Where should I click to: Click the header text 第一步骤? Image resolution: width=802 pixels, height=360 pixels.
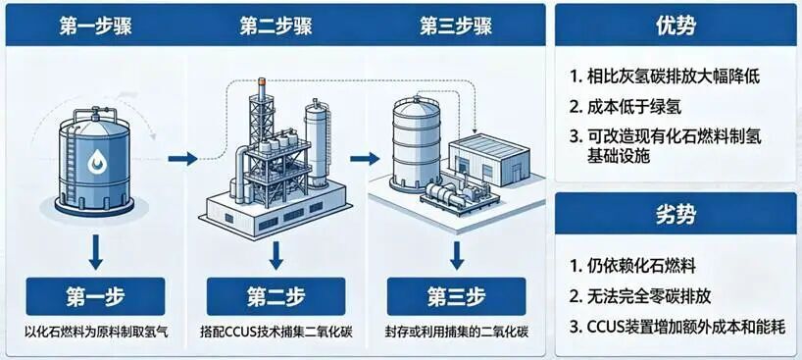[x=96, y=26]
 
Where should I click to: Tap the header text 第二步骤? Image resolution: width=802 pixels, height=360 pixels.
[x=276, y=26]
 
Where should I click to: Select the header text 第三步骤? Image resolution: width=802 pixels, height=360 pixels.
[x=456, y=26]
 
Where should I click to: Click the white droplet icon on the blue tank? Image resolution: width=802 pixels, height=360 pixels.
[x=96, y=161]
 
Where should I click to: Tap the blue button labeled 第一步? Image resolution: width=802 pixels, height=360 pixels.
[x=96, y=296]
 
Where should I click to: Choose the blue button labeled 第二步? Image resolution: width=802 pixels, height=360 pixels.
[x=276, y=296]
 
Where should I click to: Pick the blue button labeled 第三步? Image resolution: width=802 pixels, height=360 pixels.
[x=456, y=296]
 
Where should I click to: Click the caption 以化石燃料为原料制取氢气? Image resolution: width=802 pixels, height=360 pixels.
[x=96, y=333]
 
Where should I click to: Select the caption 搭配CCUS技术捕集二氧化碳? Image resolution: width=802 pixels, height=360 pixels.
[x=276, y=333]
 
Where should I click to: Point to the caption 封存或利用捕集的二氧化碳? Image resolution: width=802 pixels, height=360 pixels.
[x=456, y=333]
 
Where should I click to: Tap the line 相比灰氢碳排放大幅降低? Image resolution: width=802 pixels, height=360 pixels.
[x=665, y=77]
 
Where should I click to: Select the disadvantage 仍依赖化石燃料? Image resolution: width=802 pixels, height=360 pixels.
[x=632, y=266]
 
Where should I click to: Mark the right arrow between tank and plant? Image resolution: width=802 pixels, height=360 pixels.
[x=182, y=159]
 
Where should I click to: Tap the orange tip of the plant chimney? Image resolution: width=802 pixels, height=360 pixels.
[x=262, y=81]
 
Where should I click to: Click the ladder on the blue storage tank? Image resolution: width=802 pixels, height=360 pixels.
[x=72, y=164]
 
